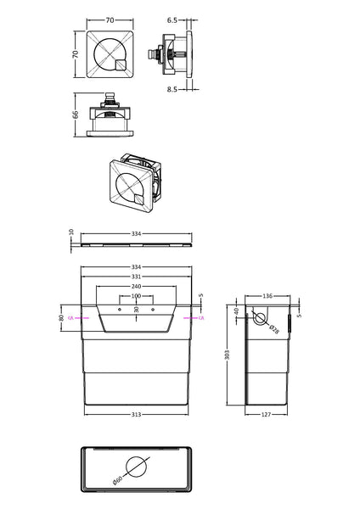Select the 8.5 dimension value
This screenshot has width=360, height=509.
(173, 87)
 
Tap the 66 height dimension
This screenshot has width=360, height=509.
(75, 115)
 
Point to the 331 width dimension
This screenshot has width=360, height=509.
(136, 277)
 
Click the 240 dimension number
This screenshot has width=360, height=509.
(136, 287)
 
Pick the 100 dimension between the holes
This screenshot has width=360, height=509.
(136, 296)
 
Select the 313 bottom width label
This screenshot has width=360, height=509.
(136, 414)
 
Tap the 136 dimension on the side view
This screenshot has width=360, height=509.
(267, 295)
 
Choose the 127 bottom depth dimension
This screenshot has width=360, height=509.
(267, 414)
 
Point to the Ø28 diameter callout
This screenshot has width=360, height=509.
(273, 329)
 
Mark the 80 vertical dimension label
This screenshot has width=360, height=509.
(62, 318)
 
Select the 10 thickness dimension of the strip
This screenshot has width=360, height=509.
(72, 231)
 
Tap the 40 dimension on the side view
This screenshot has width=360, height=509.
(237, 310)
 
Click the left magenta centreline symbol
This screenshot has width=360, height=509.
(72, 317)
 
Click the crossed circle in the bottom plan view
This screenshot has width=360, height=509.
(136, 467)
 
